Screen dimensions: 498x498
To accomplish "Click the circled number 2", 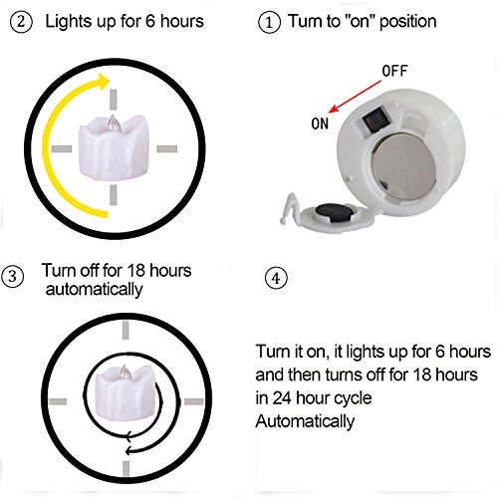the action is tap(21, 22).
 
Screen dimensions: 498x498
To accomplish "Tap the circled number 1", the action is tap(269, 23).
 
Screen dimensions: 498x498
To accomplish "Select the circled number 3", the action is tap(13, 277).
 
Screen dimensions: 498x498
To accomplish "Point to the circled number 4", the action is tap(276, 278).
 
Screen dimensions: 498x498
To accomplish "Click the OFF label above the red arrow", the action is tap(394, 71).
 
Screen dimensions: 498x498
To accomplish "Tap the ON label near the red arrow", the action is tap(320, 124).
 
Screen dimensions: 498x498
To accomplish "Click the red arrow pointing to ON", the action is tap(355, 97).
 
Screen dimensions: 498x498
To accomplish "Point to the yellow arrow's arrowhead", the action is tap(103, 82).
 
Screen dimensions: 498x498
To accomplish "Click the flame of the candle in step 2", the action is tap(113, 123).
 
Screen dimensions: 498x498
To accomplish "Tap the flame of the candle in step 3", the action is tap(124, 372).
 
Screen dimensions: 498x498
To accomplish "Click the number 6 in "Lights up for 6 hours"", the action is tap(150, 22).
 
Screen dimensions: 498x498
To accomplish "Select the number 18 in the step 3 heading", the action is tap(135, 271).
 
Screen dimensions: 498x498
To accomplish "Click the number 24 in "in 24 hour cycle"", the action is tap(282, 398).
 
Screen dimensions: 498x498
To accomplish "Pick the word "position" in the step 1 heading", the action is tap(407, 23).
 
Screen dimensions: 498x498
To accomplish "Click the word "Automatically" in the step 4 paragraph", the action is tap(305, 421).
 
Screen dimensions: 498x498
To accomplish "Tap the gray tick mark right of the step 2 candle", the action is tap(166, 148).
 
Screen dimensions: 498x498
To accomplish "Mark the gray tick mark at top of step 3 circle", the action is tap(125, 330).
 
